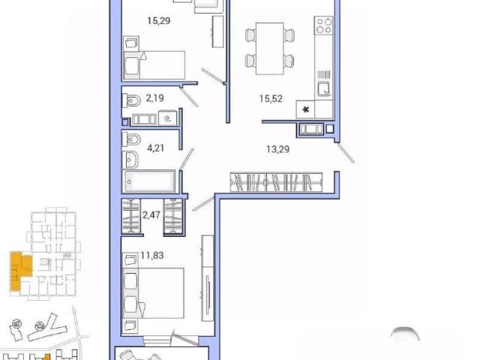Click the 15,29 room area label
tap(158, 21)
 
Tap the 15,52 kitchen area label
tap(271, 98)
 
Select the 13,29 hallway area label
tap(278, 149)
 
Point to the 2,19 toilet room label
tap(155, 98)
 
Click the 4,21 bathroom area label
tap(155, 148)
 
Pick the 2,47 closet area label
tap(151, 214)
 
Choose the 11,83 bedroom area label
tap(151, 255)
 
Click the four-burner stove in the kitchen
tap(324, 25)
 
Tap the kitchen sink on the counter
tap(323, 89)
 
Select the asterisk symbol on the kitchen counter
tap(305, 109)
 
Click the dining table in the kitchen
tap(270, 48)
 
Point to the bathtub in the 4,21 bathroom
tap(149, 181)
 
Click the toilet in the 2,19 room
tap(131, 100)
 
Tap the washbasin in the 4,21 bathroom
tap(130, 159)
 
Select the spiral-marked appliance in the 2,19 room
tap(168, 118)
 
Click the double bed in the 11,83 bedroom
tap(153, 293)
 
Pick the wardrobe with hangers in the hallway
tap(276, 182)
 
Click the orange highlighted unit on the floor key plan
tap(20, 269)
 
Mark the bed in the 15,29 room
tap(154, 65)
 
